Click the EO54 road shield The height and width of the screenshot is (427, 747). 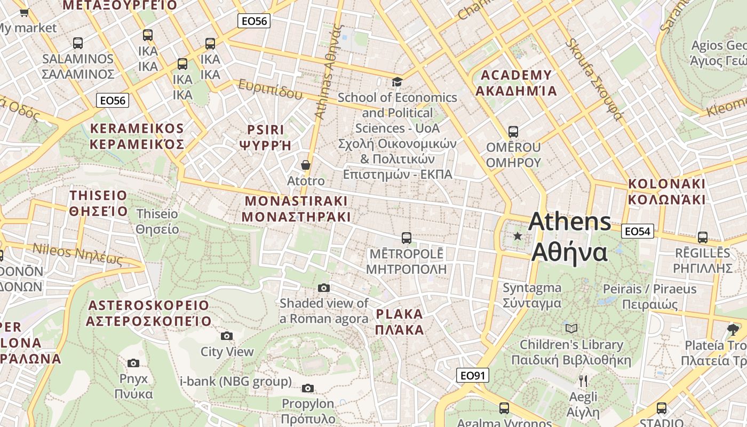pyautogui.click(x=637, y=231)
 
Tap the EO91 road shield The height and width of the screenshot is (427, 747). pyautogui.click(x=473, y=375)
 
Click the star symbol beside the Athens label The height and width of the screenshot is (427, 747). pyautogui.click(x=517, y=236)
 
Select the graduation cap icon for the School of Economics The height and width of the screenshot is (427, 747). pyautogui.click(x=397, y=82)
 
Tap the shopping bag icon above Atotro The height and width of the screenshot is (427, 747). pyautogui.click(x=306, y=165)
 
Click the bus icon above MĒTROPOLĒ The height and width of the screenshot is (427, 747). pyautogui.click(x=407, y=238)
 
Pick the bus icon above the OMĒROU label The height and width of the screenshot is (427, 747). pyautogui.click(x=513, y=131)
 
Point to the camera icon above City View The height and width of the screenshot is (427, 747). pyautogui.click(x=227, y=336)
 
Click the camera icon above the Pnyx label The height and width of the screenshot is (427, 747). pyautogui.click(x=133, y=363)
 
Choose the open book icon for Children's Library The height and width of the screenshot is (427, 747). pyautogui.click(x=571, y=328)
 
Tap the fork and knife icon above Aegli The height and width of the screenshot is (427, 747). pyautogui.click(x=583, y=381)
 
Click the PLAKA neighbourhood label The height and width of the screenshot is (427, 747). pyautogui.click(x=400, y=321)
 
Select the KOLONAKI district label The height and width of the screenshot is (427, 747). pyautogui.click(x=666, y=192)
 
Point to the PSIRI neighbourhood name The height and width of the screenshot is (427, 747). pyautogui.click(x=266, y=137)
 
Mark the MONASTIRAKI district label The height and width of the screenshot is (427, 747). pyautogui.click(x=296, y=209)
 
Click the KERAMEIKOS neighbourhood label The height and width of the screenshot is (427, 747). pyautogui.click(x=137, y=136)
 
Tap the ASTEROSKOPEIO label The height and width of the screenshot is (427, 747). pyautogui.click(x=149, y=313)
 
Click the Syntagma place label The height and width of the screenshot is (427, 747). pyautogui.click(x=532, y=295)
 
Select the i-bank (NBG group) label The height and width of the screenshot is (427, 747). pyautogui.click(x=236, y=381)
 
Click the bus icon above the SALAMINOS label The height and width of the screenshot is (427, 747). pyautogui.click(x=78, y=43)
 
